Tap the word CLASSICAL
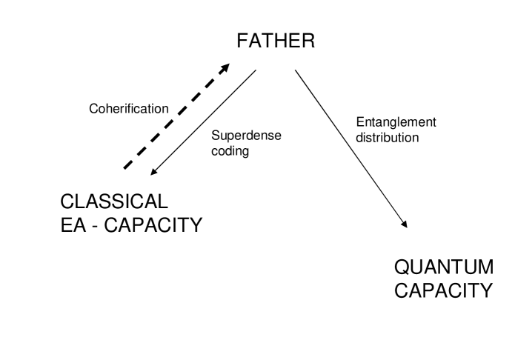(x=114, y=201)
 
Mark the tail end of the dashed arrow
(x=124, y=169)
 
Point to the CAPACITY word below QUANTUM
(x=442, y=290)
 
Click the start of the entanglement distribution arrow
(x=295, y=70)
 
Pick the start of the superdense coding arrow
(x=256, y=71)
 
